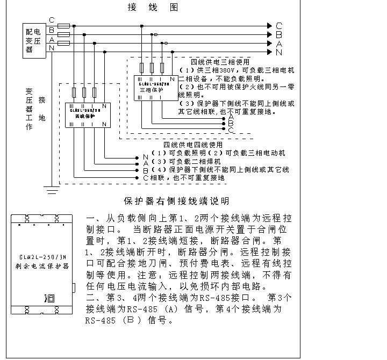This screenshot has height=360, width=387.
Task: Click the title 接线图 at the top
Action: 152,7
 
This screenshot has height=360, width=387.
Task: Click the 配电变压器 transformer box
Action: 33,39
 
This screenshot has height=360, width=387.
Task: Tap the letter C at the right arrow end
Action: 279,26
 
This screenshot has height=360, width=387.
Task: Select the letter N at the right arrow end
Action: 279,52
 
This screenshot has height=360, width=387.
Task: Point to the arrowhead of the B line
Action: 271,34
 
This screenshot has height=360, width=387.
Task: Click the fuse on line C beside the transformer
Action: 63,26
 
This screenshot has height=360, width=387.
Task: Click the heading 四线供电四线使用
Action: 193,145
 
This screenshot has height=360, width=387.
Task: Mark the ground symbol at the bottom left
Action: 52,190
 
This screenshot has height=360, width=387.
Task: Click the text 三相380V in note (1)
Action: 212,70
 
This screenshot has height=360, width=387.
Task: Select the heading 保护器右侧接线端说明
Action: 176,201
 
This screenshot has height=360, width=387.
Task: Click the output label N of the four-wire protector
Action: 145,156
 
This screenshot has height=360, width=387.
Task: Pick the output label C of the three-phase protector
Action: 231,129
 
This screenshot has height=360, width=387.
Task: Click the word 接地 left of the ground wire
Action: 42,109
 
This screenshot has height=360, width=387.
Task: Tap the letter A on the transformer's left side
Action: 52,40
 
